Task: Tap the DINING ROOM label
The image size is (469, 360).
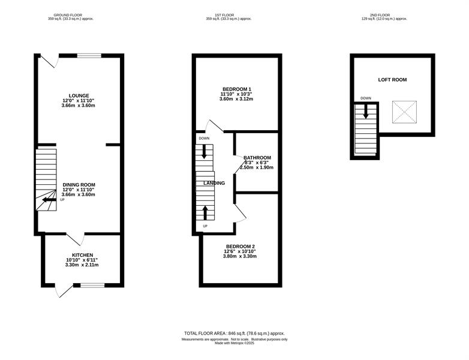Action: click(79, 185)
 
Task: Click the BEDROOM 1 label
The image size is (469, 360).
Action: click(236, 89)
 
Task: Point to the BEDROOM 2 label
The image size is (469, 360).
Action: click(240, 247)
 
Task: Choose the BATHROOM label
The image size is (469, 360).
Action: click(257, 158)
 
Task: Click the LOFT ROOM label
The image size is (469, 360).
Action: click(392, 80)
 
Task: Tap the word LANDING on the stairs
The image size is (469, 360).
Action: click(214, 183)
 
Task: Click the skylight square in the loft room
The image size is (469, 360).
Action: click(404, 112)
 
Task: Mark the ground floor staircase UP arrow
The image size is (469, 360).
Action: click(49, 200)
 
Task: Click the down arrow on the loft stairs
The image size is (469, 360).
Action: click(365, 112)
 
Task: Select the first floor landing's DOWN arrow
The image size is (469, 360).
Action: click(205, 151)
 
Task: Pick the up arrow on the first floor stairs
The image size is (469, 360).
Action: click(205, 212)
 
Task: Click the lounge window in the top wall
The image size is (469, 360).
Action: click(89, 55)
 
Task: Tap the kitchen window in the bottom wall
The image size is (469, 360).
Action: click(92, 285)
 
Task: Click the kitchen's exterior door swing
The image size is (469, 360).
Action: click(65, 290)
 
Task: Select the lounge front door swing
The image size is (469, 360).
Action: click(49, 61)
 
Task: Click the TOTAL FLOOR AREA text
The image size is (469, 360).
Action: click(235, 334)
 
